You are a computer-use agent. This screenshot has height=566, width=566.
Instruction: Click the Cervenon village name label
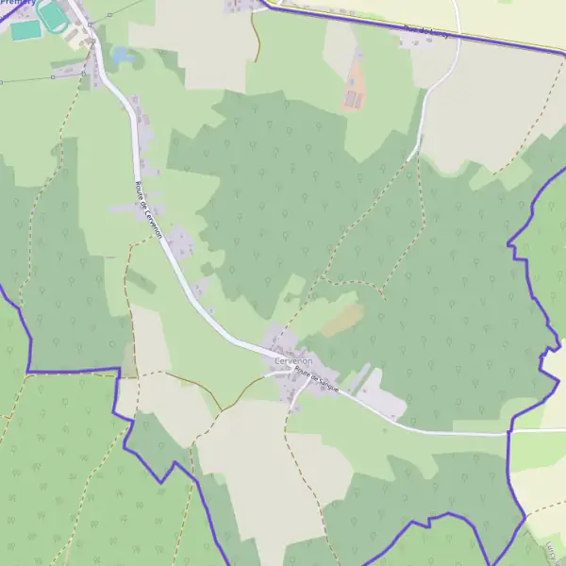click(x=293, y=361)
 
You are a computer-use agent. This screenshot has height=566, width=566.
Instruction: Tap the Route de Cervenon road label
click(x=150, y=209)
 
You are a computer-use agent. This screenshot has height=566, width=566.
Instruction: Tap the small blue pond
click(x=122, y=56)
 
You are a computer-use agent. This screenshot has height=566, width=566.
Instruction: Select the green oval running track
click(x=55, y=14)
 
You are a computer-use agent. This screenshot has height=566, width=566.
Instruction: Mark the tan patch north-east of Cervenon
click(x=341, y=320)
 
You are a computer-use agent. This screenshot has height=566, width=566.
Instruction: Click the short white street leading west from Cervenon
click(x=274, y=374)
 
